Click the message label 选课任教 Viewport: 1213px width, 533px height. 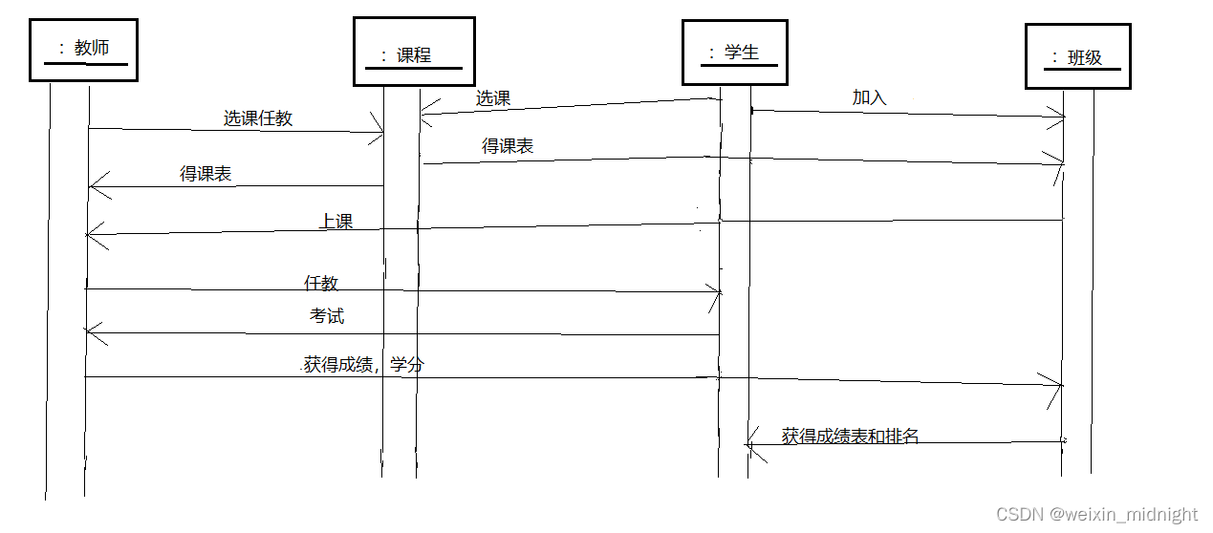point(258,118)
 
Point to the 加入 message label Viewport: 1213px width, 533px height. point(870,97)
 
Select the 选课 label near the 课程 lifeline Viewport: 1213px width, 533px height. point(493,97)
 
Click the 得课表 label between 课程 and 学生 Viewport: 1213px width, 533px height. point(508,146)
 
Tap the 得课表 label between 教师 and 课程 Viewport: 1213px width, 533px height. point(206,174)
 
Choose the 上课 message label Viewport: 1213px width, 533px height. point(336,222)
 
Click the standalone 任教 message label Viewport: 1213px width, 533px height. point(321,283)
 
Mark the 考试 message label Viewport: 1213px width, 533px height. point(327,316)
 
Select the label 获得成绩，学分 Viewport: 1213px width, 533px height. point(363,365)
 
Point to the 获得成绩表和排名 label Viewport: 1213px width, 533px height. point(850,437)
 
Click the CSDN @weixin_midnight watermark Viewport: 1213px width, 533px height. point(1096,515)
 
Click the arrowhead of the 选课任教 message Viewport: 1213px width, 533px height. point(379,134)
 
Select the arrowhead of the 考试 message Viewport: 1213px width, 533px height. point(90,331)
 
